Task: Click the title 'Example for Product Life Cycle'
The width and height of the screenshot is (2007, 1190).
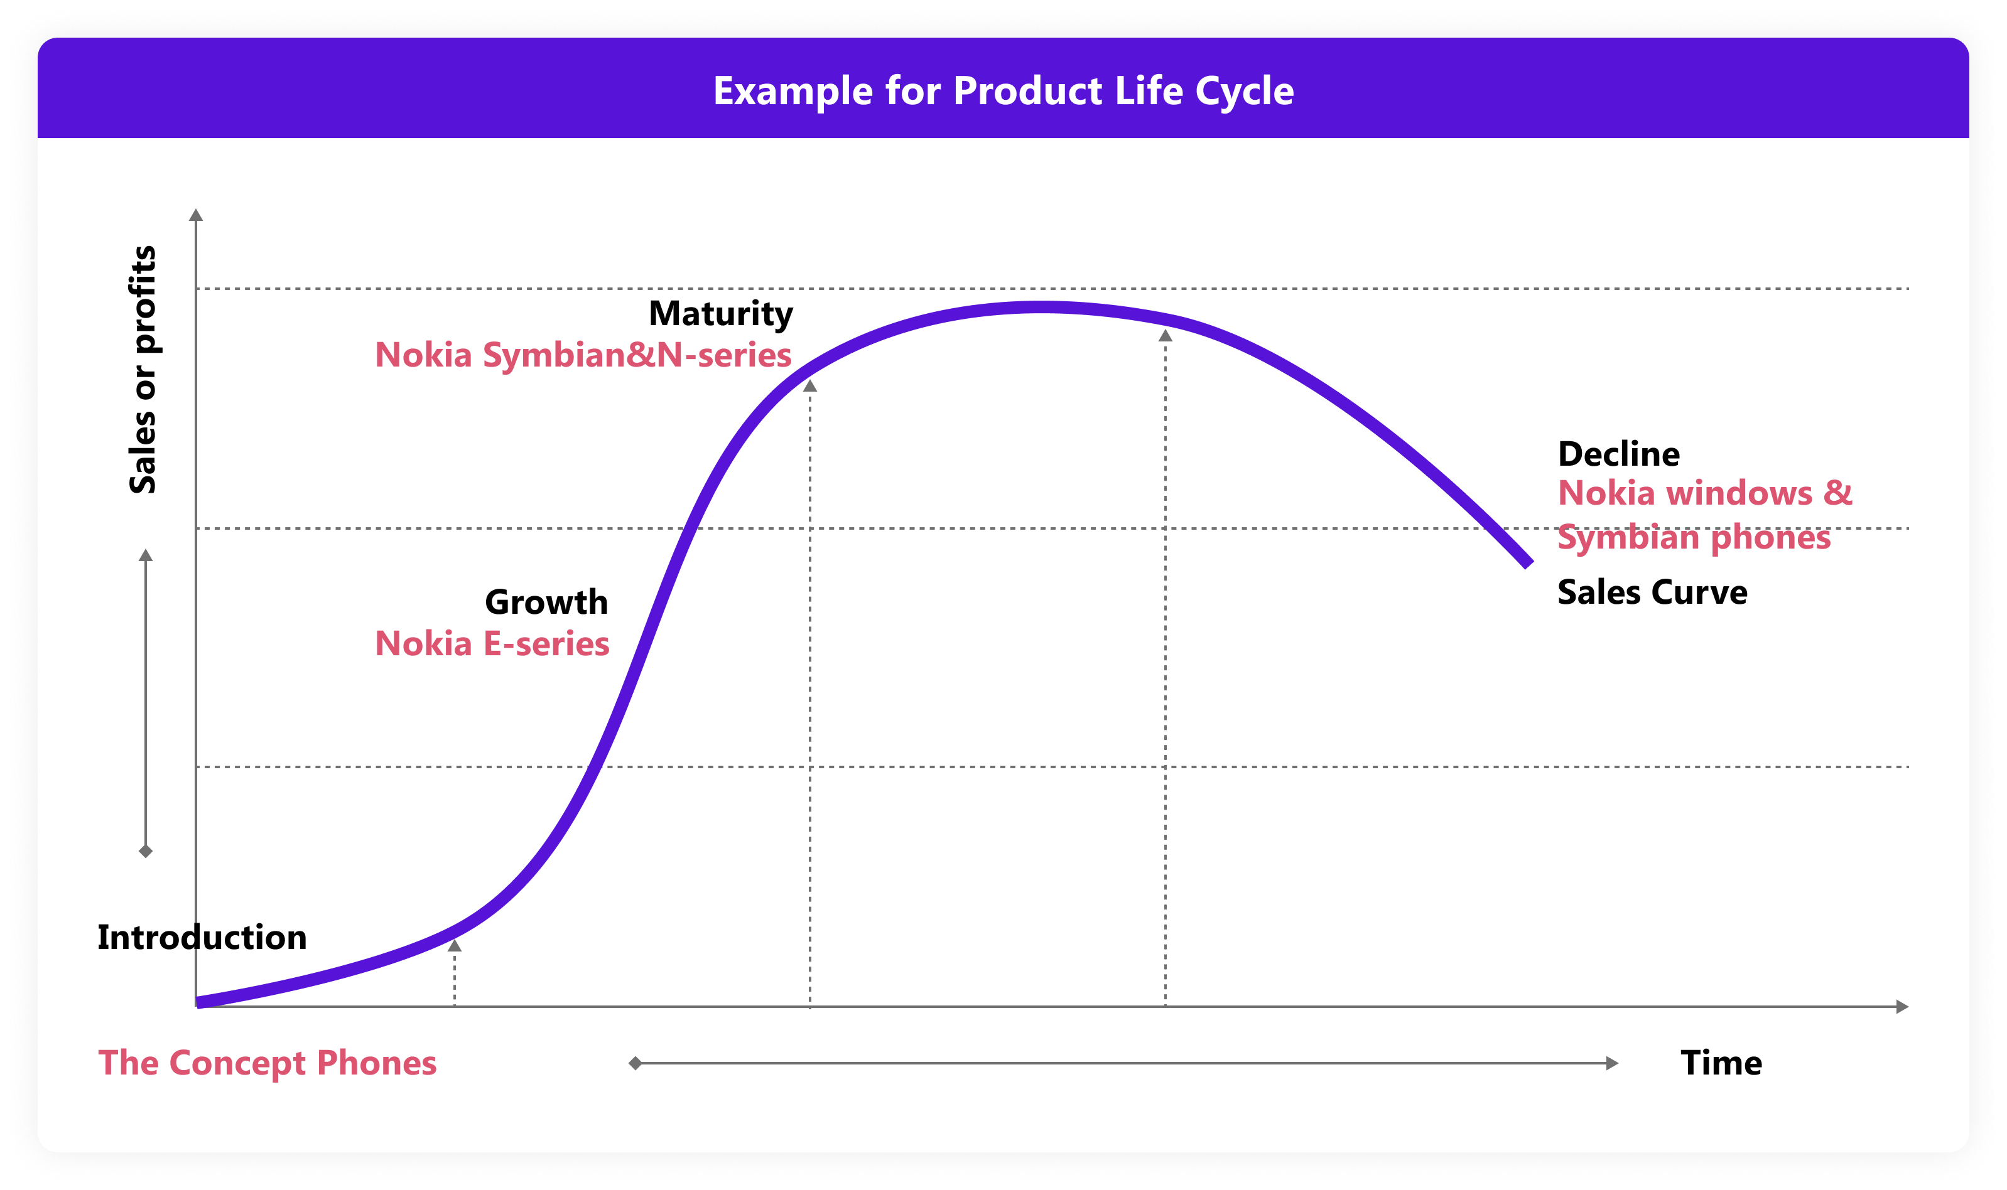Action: [x=1003, y=90]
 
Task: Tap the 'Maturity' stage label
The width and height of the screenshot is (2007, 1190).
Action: [x=720, y=314]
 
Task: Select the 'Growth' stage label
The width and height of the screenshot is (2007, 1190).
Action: [x=546, y=602]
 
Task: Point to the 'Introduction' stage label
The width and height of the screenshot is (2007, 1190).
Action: [x=202, y=938]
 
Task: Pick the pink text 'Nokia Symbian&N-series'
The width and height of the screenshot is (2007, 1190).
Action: [x=583, y=355]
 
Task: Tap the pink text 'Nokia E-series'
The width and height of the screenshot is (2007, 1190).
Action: [x=492, y=644]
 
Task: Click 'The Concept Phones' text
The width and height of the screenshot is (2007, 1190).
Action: [x=267, y=1063]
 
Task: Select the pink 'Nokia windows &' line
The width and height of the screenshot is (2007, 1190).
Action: [x=1704, y=493]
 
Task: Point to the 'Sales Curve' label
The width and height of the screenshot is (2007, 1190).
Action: [x=1652, y=592]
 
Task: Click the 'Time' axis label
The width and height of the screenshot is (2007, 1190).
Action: [x=1721, y=1063]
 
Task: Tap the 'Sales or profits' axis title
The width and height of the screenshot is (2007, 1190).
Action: [x=143, y=370]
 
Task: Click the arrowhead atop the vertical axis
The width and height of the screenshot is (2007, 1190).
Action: [x=196, y=215]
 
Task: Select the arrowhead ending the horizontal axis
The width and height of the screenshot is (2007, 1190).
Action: [x=1902, y=1006]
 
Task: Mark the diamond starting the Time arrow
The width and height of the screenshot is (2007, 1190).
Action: [x=634, y=1063]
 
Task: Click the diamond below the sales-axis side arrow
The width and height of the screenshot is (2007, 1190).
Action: [x=145, y=851]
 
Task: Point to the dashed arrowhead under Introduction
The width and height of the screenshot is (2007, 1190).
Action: [x=455, y=946]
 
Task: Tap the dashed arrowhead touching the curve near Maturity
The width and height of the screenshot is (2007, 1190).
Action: [x=810, y=387]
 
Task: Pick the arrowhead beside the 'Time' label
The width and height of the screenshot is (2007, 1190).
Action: [x=1613, y=1063]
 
